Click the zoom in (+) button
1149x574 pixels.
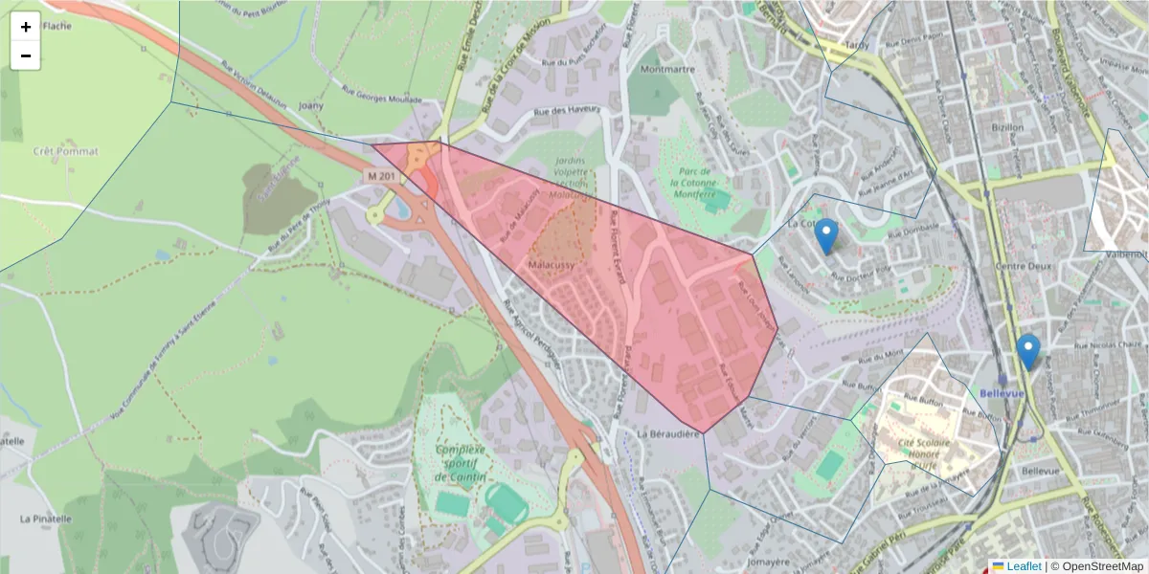pyautogui.click(x=26, y=27)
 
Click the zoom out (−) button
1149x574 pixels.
pyautogui.click(x=26, y=55)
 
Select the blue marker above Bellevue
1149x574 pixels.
pyautogui.click(x=1028, y=351)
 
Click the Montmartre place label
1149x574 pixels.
pyautogui.click(x=667, y=70)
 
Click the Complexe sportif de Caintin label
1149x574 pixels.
pyautogui.click(x=461, y=463)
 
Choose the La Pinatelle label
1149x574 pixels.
pyautogui.click(x=46, y=519)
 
